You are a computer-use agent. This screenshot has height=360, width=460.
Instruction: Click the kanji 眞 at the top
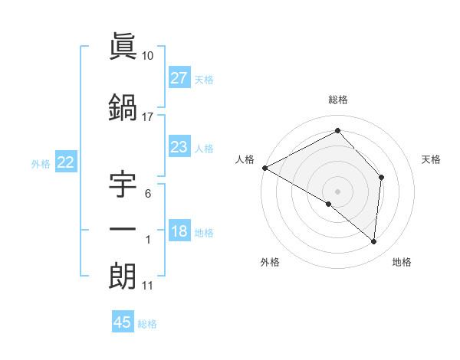coord(123,47)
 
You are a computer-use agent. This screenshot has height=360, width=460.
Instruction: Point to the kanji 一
coord(123,230)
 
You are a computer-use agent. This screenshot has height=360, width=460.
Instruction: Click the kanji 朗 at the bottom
coord(123,276)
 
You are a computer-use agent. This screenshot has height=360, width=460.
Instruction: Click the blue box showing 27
coord(179,78)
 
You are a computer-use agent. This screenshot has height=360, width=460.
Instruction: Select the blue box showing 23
coord(179,147)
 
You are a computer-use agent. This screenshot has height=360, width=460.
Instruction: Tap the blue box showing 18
coord(179,232)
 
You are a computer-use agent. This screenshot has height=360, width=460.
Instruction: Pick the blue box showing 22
coord(66,162)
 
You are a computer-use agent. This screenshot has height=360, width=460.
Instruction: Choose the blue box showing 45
coord(123,322)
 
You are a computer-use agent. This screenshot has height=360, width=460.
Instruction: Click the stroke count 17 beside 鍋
coord(148,117)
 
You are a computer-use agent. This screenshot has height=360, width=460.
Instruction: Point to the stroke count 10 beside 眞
coord(148,55)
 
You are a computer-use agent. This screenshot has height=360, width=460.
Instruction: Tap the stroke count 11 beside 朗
coord(148,286)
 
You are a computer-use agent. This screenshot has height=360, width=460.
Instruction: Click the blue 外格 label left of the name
coord(41,163)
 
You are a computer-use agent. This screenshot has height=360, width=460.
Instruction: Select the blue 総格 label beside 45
coord(147,324)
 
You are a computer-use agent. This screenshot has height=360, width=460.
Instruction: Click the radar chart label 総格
coord(338,100)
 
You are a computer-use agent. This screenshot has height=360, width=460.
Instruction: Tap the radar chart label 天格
coord(432,159)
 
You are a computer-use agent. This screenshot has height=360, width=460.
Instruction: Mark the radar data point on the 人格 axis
coord(264,168)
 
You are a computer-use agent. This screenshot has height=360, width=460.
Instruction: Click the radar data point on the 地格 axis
coord(374,242)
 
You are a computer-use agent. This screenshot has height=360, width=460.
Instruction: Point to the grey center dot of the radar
coord(338,191)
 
